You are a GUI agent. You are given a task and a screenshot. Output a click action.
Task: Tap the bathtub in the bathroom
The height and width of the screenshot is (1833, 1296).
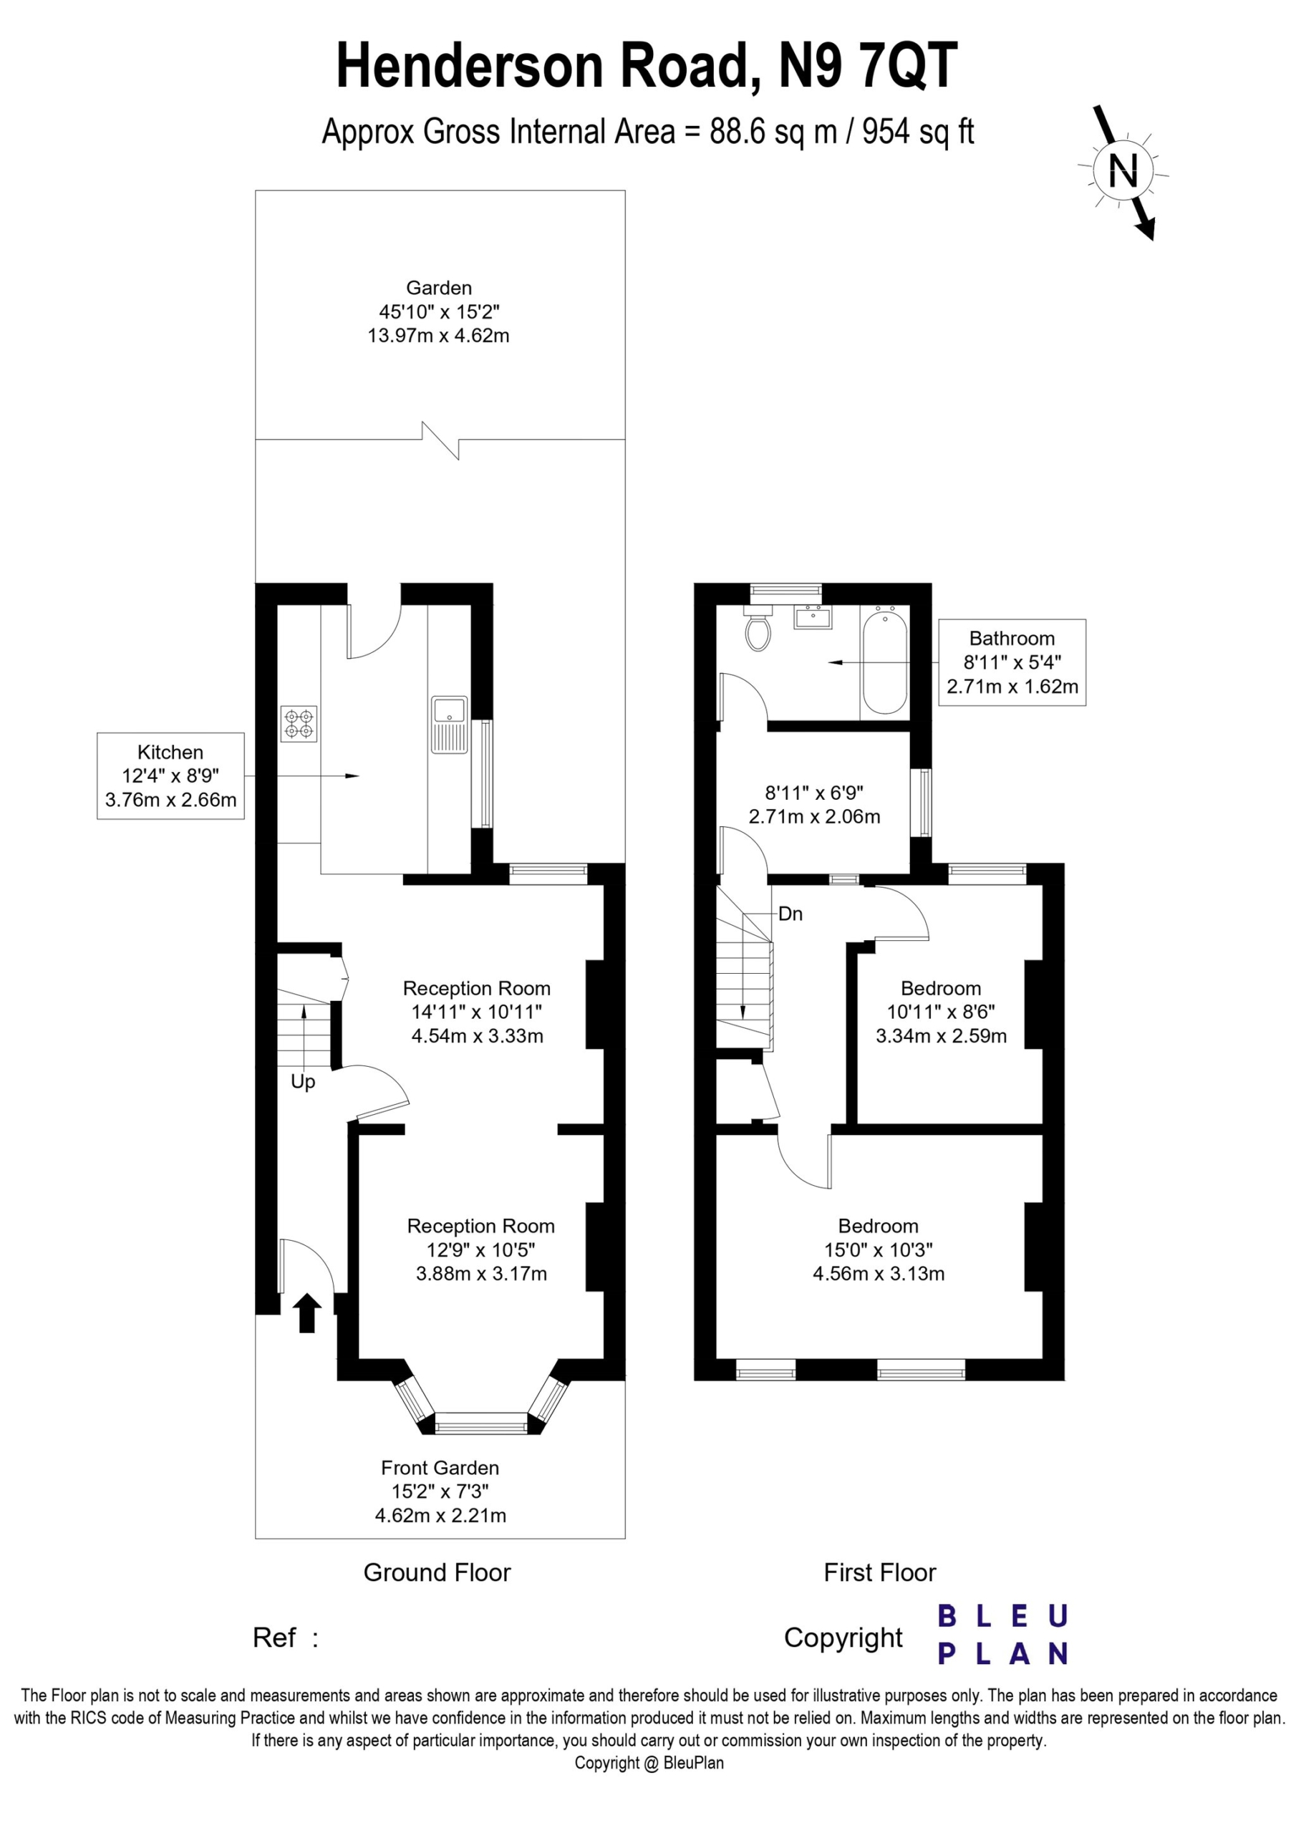click(x=885, y=660)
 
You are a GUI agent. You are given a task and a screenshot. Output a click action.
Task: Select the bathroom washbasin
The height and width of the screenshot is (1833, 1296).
click(x=812, y=618)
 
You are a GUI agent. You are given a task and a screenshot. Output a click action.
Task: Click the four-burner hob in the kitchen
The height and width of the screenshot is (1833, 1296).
click(x=299, y=724)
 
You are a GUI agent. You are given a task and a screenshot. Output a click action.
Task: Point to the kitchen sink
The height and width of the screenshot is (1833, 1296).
click(x=450, y=725)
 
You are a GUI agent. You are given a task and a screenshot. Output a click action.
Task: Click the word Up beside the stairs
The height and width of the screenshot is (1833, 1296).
click(x=303, y=1082)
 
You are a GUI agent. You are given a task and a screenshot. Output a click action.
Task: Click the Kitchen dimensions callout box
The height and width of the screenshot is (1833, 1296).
click(x=171, y=776)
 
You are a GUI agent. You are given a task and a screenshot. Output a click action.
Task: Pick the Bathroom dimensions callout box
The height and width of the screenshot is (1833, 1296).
click(x=1012, y=662)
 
